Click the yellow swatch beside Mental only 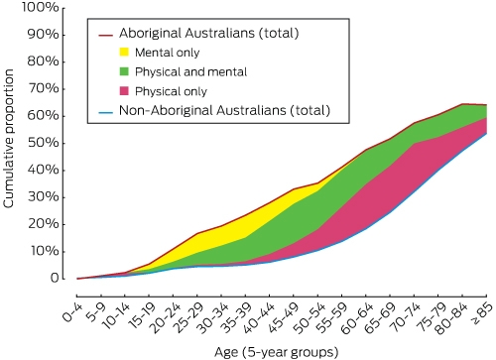coord(124,52)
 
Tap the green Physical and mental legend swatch coord(124,71)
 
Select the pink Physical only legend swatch coord(124,91)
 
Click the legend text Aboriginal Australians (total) coord(209,33)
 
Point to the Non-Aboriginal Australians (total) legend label coord(224,110)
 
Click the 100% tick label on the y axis coord(41,7)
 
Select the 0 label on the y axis coord(55,278)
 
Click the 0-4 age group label coord(71,312)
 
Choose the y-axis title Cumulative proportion coord(9,139)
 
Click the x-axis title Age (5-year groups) coord(276,352)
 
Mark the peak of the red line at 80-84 coord(462,104)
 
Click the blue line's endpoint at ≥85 coord(486,133)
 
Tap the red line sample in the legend coord(106,34)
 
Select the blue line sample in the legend coord(106,111)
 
